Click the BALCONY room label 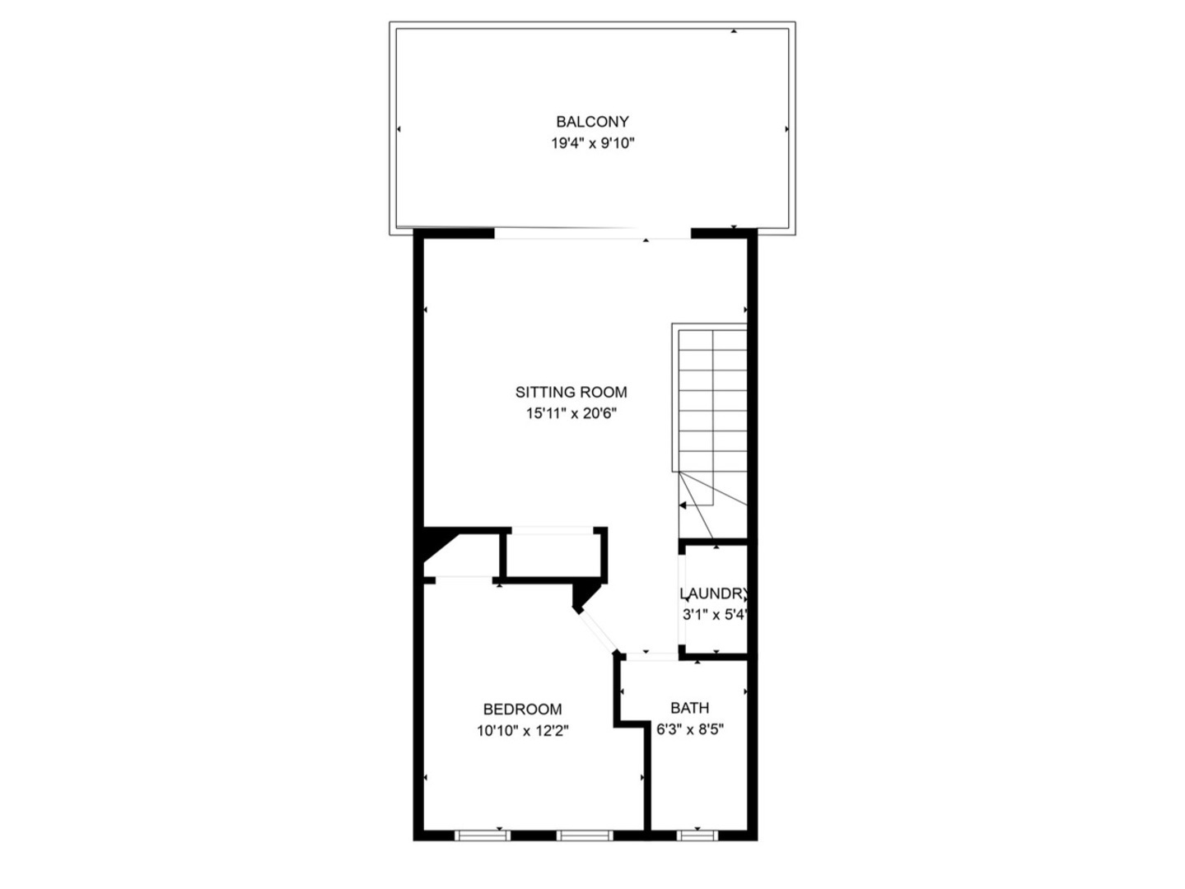point(592,122)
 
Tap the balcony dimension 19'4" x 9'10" point(592,143)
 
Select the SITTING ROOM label point(571,393)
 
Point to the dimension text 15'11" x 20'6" point(571,414)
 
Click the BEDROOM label point(522,709)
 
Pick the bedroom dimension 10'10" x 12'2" point(522,730)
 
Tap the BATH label point(689,708)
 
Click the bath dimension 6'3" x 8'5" point(689,729)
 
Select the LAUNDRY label point(714,593)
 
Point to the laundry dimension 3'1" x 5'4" point(714,615)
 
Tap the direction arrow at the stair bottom point(683,505)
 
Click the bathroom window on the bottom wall point(697,835)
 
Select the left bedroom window point(483,835)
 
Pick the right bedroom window point(585,835)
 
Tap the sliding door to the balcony point(591,235)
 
